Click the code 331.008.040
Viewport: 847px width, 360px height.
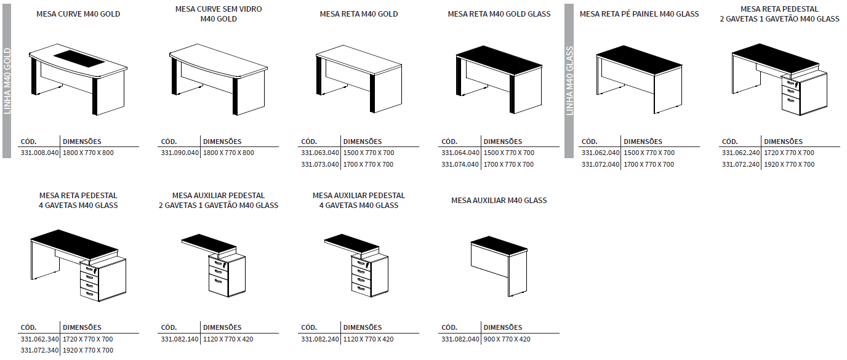(39, 153)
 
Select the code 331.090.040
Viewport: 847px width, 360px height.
(180, 153)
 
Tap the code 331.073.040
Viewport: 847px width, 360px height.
(320, 164)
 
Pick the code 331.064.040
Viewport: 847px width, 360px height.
(460, 153)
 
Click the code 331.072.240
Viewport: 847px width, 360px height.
(741, 164)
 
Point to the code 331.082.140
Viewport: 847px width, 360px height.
(180, 339)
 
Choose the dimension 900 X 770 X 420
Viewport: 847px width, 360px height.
(507, 339)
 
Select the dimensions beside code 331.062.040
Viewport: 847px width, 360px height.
(649, 153)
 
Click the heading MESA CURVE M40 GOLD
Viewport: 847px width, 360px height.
(78, 14)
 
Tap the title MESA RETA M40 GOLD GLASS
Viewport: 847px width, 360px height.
(499, 14)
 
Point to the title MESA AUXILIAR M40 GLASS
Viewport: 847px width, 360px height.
(499, 200)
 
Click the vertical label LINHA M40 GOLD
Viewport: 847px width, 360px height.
(7, 80)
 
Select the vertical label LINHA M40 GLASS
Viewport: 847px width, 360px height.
(569, 80)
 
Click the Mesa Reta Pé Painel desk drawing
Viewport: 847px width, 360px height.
(639, 77)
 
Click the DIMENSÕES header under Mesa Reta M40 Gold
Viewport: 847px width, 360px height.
(363, 142)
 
